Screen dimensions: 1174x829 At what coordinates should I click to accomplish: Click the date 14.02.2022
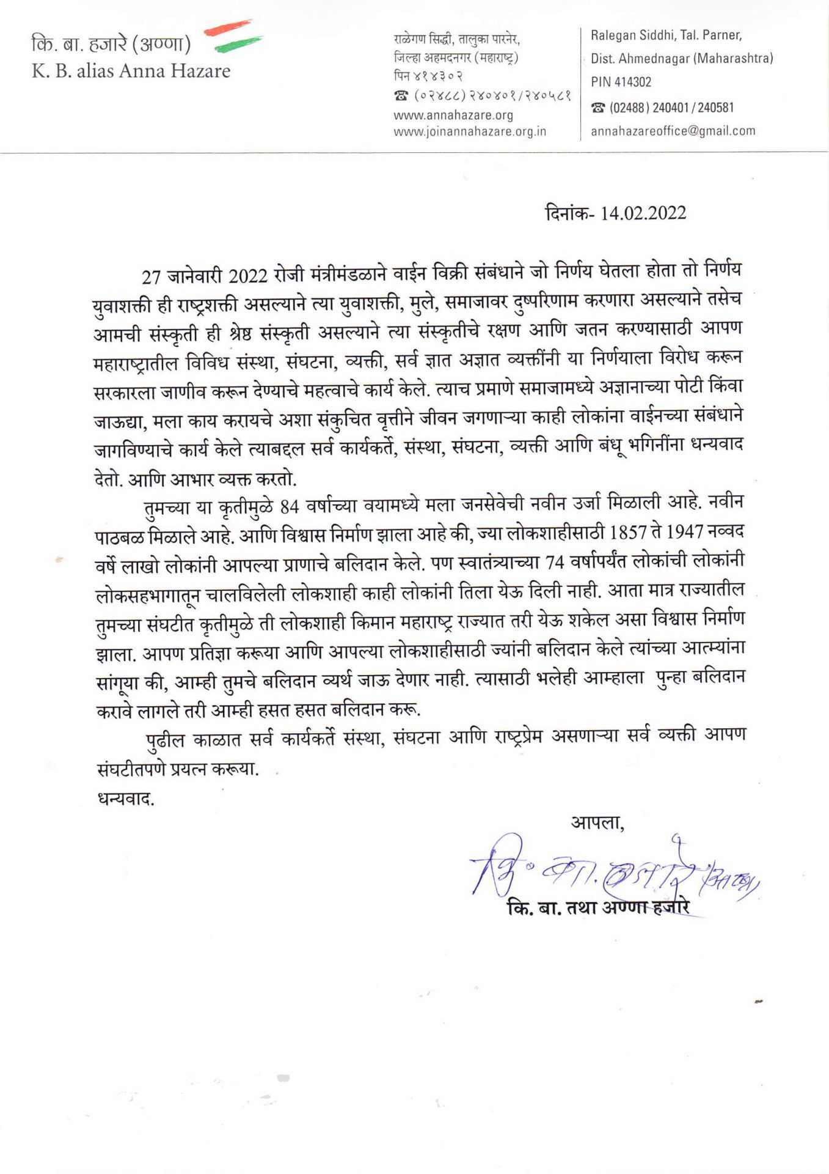click(643, 213)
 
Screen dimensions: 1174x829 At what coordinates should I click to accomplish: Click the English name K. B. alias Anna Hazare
click(131, 71)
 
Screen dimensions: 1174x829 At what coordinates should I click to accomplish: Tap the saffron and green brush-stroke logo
click(232, 35)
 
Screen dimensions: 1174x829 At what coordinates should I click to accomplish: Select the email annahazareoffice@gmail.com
click(673, 131)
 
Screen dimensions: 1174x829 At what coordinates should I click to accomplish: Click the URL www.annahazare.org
click(453, 115)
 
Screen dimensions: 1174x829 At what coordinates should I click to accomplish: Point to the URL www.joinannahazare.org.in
click(470, 131)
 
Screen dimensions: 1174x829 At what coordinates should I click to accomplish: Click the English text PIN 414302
click(621, 82)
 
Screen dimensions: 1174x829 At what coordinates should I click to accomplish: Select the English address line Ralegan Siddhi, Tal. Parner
click(666, 35)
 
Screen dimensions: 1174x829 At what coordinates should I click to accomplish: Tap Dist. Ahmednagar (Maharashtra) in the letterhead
click(681, 59)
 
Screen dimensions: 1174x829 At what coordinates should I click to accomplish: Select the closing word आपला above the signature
click(597, 823)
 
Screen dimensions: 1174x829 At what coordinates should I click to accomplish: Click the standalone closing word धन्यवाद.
click(126, 799)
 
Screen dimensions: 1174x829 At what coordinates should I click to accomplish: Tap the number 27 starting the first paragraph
click(151, 277)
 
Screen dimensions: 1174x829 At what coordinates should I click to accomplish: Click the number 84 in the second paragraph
click(290, 507)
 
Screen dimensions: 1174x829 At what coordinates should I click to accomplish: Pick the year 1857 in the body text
click(627, 533)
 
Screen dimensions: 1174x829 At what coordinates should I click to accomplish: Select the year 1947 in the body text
click(684, 532)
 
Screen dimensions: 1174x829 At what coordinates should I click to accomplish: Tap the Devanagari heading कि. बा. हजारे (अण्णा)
click(111, 45)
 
